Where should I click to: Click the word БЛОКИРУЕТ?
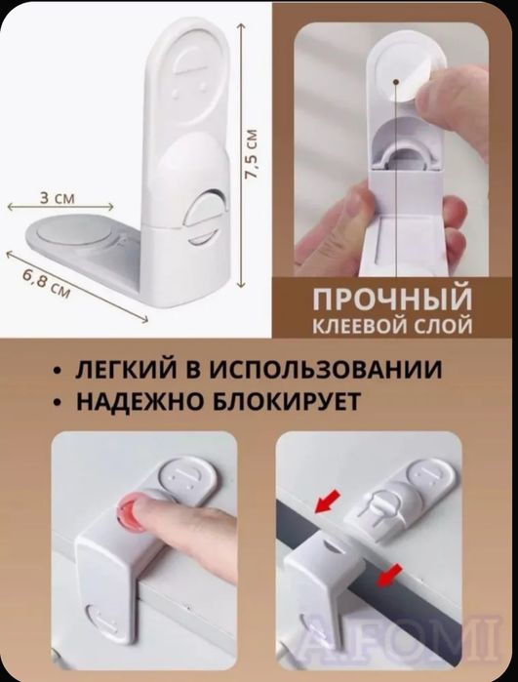[x=296, y=401]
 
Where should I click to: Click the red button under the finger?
[x=129, y=512]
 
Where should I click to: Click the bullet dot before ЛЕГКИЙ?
[x=60, y=372]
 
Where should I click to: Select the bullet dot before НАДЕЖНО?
[x=60, y=402]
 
